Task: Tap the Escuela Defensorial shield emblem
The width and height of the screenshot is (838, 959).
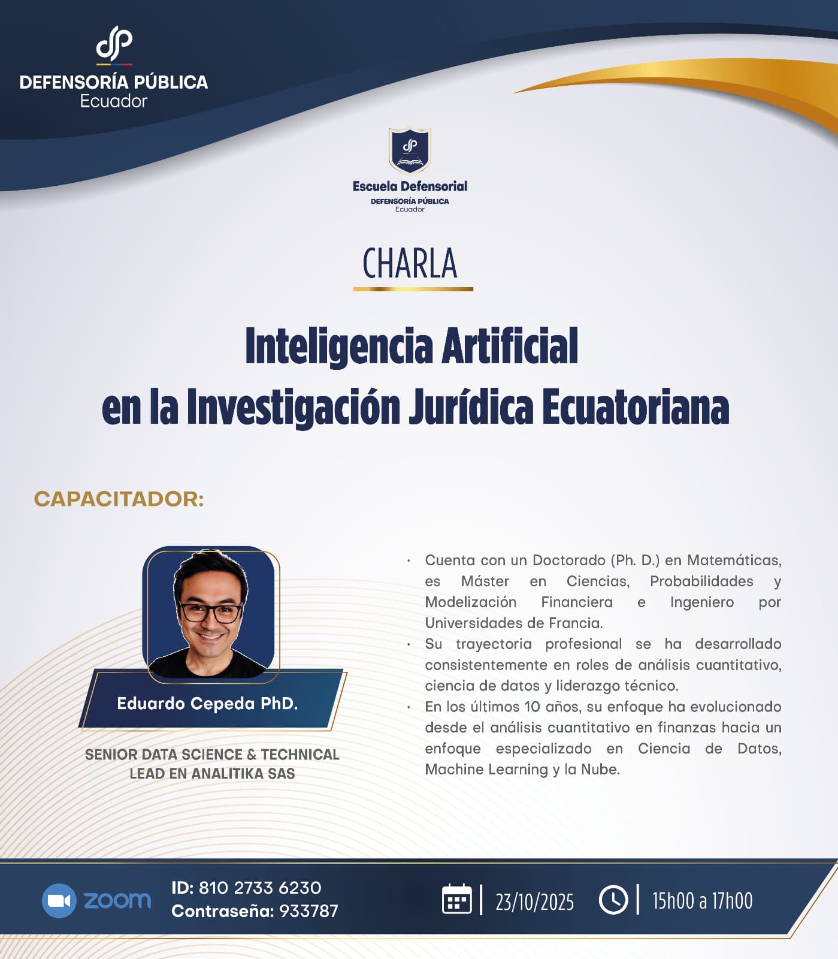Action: click(x=410, y=150)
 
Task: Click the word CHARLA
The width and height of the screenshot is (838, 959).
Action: click(x=410, y=264)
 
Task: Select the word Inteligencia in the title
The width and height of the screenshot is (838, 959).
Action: click(x=339, y=346)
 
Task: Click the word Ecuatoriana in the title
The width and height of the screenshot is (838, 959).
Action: click(x=636, y=408)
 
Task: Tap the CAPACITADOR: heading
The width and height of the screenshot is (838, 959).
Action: click(x=119, y=499)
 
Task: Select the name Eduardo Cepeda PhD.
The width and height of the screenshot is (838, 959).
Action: click(x=207, y=703)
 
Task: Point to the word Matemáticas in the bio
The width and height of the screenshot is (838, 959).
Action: click(x=734, y=560)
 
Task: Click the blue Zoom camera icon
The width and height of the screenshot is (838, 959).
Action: click(x=59, y=900)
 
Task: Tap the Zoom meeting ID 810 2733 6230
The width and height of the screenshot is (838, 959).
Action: click(x=259, y=888)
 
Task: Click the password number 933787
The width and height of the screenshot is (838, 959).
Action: click(x=308, y=911)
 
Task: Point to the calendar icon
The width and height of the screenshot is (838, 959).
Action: click(x=456, y=900)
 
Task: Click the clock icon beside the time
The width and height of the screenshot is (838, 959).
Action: click(x=613, y=900)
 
